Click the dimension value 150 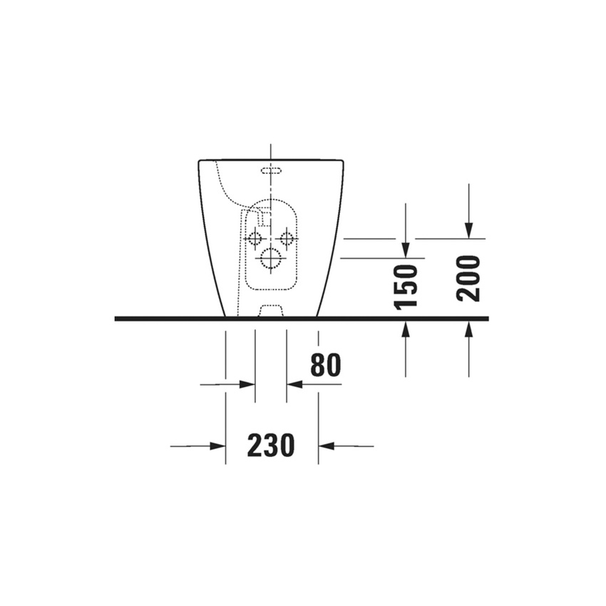tap(406, 287)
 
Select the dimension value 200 tap(468, 279)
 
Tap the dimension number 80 tap(326, 365)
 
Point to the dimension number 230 tap(270, 446)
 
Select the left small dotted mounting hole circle tap(255, 239)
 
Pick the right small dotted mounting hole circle tap(287, 239)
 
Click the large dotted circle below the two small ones tap(270, 258)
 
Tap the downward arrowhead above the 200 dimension tap(468, 231)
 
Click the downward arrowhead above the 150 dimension tap(406, 250)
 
